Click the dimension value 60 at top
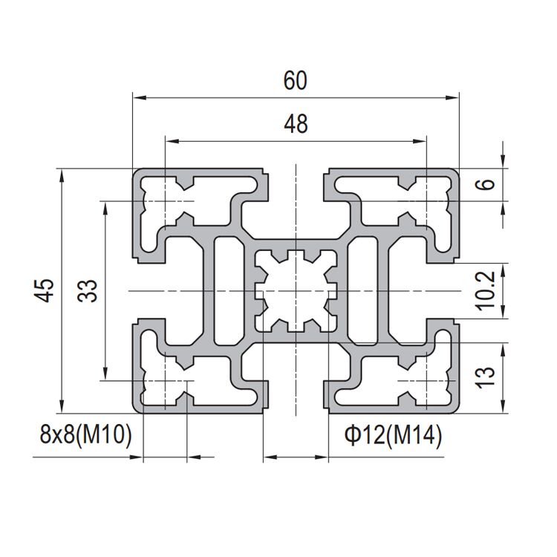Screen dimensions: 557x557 (x=295, y=80)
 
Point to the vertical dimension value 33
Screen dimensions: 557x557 (x=88, y=290)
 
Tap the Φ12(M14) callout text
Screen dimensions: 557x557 (x=393, y=436)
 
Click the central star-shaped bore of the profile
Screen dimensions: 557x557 (x=295, y=290)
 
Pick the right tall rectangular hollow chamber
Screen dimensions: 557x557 (x=364, y=290)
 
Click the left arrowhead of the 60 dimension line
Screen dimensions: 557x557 (x=137, y=97)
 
